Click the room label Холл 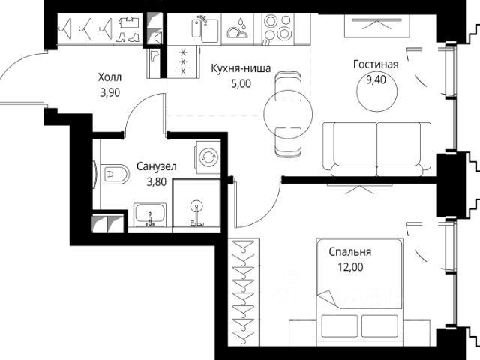click(109, 77)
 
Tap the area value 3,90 click(110, 92)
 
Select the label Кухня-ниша click(241, 68)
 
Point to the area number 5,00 click(241, 83)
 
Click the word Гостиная click(376, 64)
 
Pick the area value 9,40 click(376, 79)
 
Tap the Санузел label click(157, 166)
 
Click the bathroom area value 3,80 click(157, 182)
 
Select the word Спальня click(350, 252)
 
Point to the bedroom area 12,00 click(350, 267)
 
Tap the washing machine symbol click(208, 157)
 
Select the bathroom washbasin click(150, 214)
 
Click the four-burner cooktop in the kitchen click(277, 29)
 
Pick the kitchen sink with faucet click(205, 28)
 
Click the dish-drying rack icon click(237, 28)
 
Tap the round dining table click(288, 115)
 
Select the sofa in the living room click(377, 149)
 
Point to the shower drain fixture click(196, 205)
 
